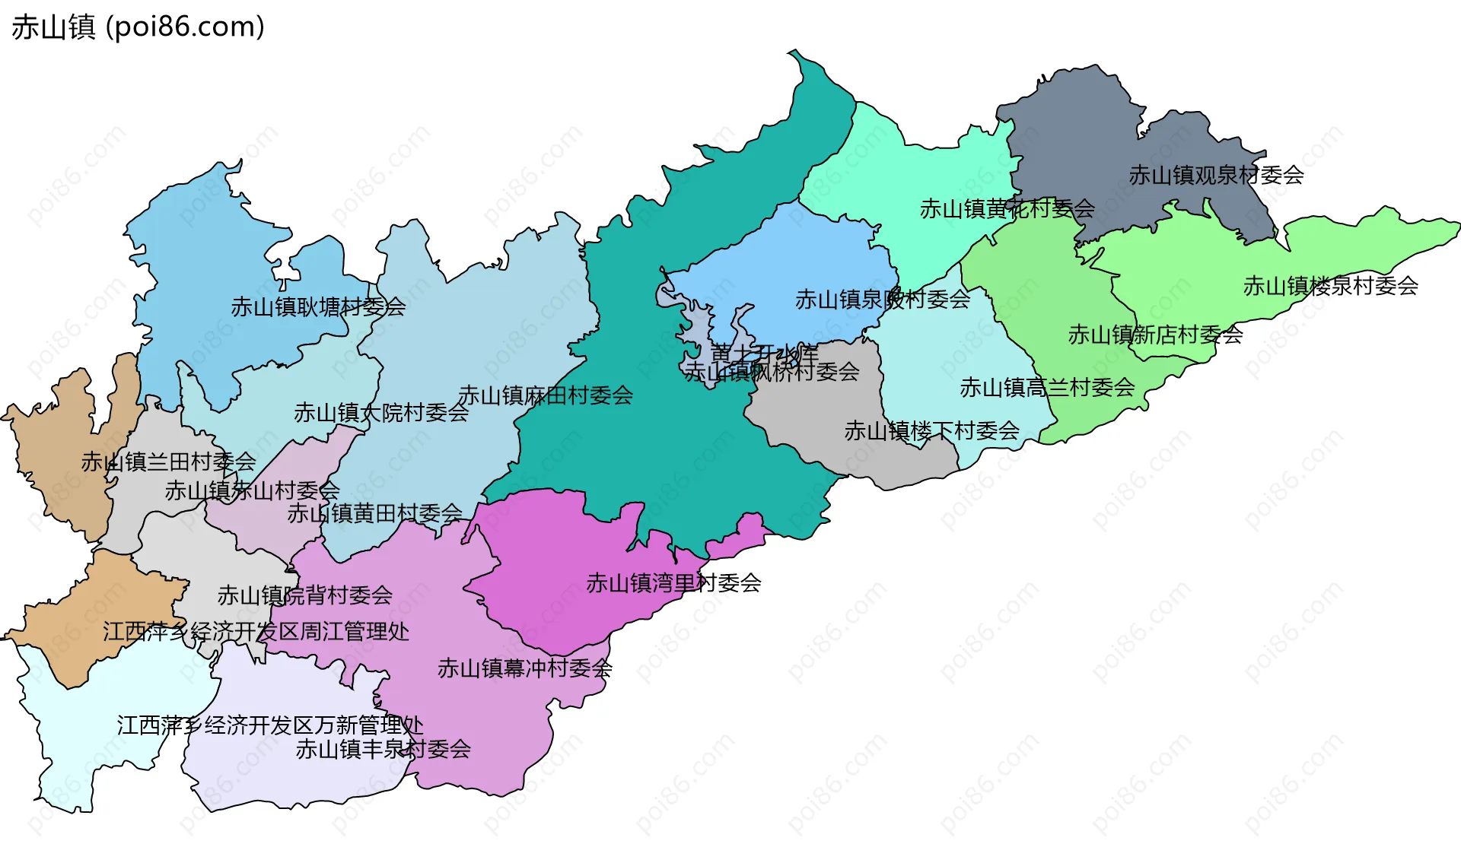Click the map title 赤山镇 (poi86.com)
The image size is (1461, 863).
138,27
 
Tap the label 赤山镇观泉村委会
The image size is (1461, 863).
1216,176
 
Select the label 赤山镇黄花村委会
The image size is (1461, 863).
1007,209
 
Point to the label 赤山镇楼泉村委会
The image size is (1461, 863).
1330,287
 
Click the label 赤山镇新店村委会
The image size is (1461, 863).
1155,335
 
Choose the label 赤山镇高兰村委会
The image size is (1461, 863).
1047,389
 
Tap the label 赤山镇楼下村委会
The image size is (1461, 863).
931,432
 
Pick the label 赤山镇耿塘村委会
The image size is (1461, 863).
318,308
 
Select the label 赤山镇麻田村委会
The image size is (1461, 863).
546,396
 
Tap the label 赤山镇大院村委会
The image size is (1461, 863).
381,414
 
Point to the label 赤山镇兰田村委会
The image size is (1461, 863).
169,462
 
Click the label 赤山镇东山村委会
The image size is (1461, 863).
253,491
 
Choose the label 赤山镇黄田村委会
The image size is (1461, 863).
374,514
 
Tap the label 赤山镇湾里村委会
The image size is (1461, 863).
673,584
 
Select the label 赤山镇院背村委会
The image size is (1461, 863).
304,596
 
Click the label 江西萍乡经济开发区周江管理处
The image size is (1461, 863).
256,632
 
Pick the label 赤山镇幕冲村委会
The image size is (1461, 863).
524,669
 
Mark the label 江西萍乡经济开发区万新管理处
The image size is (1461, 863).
270,726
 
